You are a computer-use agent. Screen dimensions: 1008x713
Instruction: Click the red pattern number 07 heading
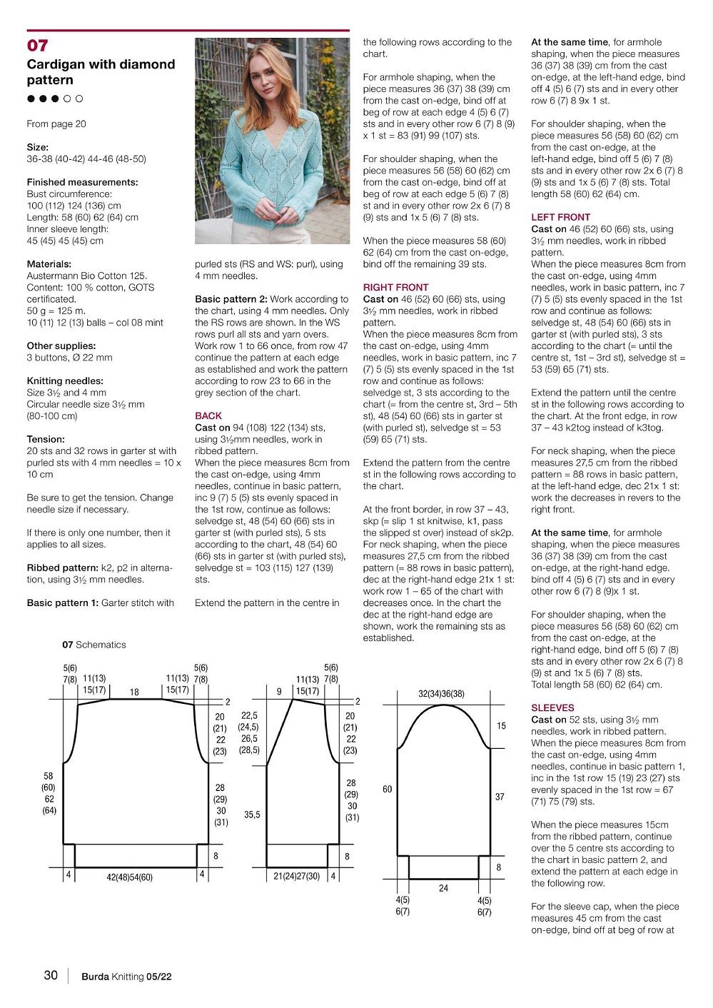click(37, 46)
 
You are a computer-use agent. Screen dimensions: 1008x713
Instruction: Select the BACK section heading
click(208, 415)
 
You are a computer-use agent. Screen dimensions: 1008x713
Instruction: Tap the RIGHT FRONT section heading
click(395, 287)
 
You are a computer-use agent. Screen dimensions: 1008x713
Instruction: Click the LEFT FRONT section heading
click(560, 217)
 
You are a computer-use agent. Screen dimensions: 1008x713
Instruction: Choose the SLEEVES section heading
click(552, 708)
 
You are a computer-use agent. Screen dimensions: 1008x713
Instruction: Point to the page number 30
click(51, 975)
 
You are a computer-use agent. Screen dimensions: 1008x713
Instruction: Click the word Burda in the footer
click(95, 977)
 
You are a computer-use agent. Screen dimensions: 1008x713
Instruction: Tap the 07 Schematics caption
click(93, 645)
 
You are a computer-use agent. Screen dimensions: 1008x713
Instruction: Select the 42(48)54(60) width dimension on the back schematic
click(129, 877)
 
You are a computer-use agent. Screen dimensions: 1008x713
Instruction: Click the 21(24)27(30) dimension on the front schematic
click(296, 876)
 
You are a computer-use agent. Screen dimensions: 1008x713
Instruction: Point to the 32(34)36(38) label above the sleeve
click(441, 694)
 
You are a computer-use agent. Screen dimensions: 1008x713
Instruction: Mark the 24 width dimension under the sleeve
click(443, 888)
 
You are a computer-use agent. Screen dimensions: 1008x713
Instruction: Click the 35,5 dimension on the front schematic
click(252, 814)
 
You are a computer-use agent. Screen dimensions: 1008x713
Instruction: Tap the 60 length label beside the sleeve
click(387, 789)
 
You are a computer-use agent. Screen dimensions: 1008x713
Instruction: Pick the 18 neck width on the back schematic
click(134, 692)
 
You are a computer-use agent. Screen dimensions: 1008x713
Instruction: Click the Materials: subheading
click(49, 264)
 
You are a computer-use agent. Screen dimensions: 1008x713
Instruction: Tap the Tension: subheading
click(46, 439)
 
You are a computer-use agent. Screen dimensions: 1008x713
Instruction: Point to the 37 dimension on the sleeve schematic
click(500, 797)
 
